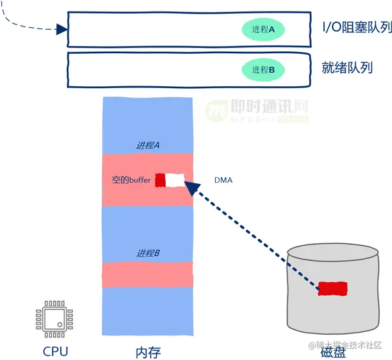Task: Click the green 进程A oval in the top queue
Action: pyautogui.click(x=264, y=30)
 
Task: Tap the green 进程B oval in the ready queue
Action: pyautogui.click(x=264, y=69)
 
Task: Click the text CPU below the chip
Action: pyautogui.click(x=55, y=351)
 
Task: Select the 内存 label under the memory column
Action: pyautogui.click(x=148, y=352)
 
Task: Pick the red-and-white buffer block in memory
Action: pyautogui.click(x=170, y=180)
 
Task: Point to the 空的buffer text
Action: pyautogui.click(x=132, y=180)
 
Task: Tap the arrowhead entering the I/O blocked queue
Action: pyautogui.click(x=62, y=29)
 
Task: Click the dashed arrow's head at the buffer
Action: pyautogui.click(x=190, y=187)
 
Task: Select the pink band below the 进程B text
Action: pyautogui.click(x=148, y=274)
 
